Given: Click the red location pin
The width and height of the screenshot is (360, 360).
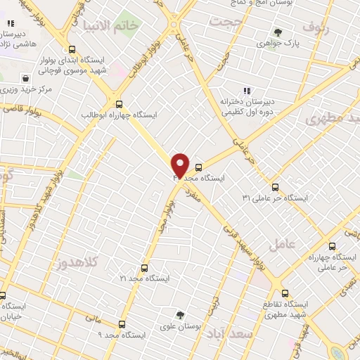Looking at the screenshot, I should (181, 165).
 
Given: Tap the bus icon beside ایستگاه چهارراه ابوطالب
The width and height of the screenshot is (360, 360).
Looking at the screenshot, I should (119, 103).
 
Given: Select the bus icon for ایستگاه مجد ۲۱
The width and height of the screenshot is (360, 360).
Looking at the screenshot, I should (144, 268).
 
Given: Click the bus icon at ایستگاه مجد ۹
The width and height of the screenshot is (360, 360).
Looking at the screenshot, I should (122, 324).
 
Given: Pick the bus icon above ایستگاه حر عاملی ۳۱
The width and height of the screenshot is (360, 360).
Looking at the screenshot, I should (275, 187).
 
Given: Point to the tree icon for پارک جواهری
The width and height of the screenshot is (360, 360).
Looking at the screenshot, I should (278, 32).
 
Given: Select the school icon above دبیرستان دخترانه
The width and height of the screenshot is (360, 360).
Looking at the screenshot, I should (246, 91).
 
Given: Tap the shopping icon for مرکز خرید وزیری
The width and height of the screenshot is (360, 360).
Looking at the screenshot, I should (25, 78).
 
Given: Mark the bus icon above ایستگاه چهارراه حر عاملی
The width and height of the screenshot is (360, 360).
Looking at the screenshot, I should (313, 245).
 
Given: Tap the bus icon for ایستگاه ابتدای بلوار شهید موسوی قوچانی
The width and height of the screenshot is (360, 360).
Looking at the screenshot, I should (73, 49).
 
